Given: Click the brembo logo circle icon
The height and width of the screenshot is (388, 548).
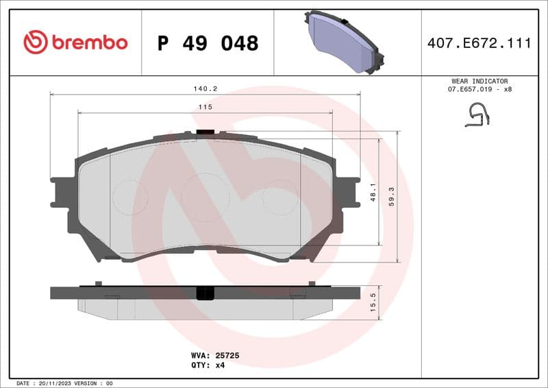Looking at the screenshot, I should (x=36, y=43).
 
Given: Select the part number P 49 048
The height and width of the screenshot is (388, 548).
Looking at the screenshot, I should (x=208, y=43).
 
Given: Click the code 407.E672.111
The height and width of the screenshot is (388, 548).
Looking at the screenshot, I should (x=479, y=43).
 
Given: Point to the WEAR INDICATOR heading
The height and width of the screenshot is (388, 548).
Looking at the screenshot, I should (x=479, y=81).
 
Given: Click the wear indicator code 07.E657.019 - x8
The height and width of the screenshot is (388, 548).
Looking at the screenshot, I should (x=480, y=89).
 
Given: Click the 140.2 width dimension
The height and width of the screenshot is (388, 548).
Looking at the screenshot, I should (x=205, y=88).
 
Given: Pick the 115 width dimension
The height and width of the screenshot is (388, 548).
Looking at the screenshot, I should (x=205, y=107).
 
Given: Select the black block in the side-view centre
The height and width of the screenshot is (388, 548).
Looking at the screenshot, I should (x=205, y=293).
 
